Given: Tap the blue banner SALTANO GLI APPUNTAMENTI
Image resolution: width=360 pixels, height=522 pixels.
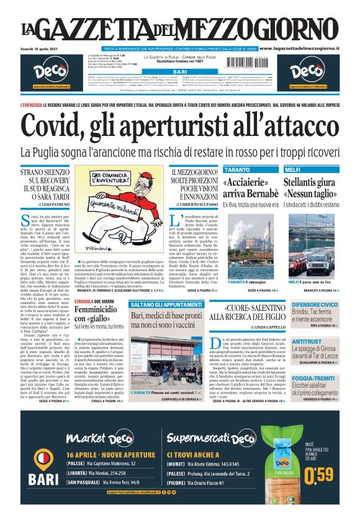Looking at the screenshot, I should click(166, 287).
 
